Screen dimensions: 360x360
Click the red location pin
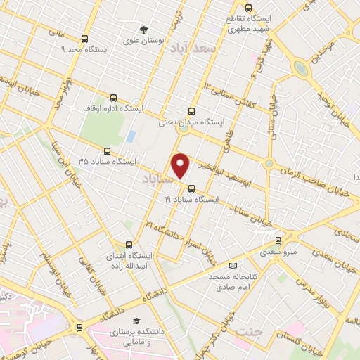click(181, 166)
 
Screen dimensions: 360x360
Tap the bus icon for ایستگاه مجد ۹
click(85, 39)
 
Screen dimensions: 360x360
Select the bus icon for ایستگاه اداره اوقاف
click(114, 98)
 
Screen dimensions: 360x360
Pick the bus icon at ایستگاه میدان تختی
click(192, 110)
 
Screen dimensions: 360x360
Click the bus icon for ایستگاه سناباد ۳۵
click(107, 150)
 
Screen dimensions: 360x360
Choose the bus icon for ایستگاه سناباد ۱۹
click(192, 188)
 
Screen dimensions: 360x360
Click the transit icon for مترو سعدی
click(278, 240)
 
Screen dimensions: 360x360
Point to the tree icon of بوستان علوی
click(143, 30)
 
